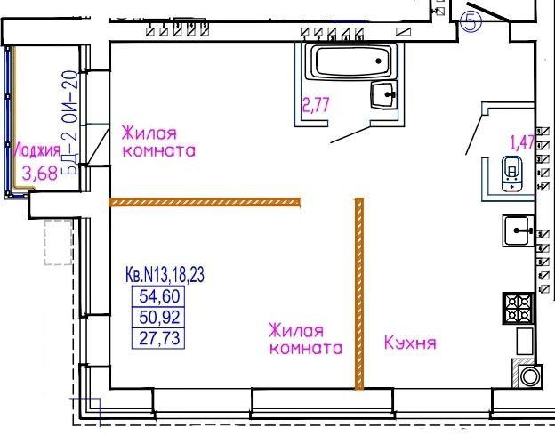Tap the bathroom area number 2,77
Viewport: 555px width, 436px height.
coord(316,105)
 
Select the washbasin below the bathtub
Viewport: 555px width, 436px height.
coord(383,95)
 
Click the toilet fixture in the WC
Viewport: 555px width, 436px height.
coord(511,174)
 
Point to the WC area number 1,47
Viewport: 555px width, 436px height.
coord(522,142)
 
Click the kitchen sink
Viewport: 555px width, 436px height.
coord(519,231)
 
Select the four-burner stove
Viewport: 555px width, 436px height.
coord(519,308)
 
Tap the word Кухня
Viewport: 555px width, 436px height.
coord(410,343)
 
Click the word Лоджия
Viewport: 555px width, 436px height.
coord(37,150)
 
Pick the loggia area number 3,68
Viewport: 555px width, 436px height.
coord(40,174)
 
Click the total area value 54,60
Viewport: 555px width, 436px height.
coord(159,296)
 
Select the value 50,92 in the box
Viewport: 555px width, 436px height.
coord(159,317)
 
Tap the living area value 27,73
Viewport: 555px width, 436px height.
coord(159,338)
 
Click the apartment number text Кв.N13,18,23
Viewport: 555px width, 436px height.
coord(165,274)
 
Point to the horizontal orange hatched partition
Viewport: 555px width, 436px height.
coord(205,202)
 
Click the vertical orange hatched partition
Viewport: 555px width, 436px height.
coord(359,294)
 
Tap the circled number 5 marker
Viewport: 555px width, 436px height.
coord(471,22)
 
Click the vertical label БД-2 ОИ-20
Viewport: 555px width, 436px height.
coord(69,123)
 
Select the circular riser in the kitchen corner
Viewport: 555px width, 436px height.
coord(530,376)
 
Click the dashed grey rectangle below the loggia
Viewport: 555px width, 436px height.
coord(59,242)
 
